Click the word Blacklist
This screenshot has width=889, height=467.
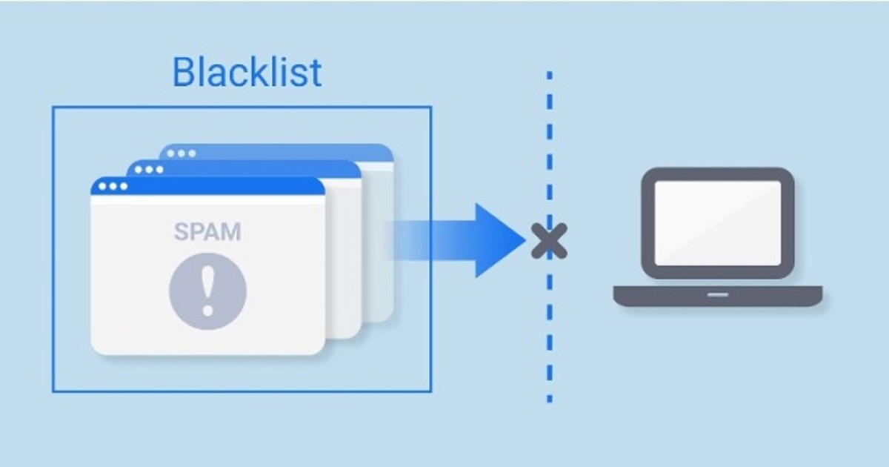247,73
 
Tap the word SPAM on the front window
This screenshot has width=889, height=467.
207,231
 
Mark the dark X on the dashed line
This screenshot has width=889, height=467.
549,241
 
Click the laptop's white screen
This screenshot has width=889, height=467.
717,222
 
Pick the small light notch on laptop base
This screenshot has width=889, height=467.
717,294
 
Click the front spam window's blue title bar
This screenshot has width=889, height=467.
222,186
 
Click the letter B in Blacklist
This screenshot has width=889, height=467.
184,73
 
